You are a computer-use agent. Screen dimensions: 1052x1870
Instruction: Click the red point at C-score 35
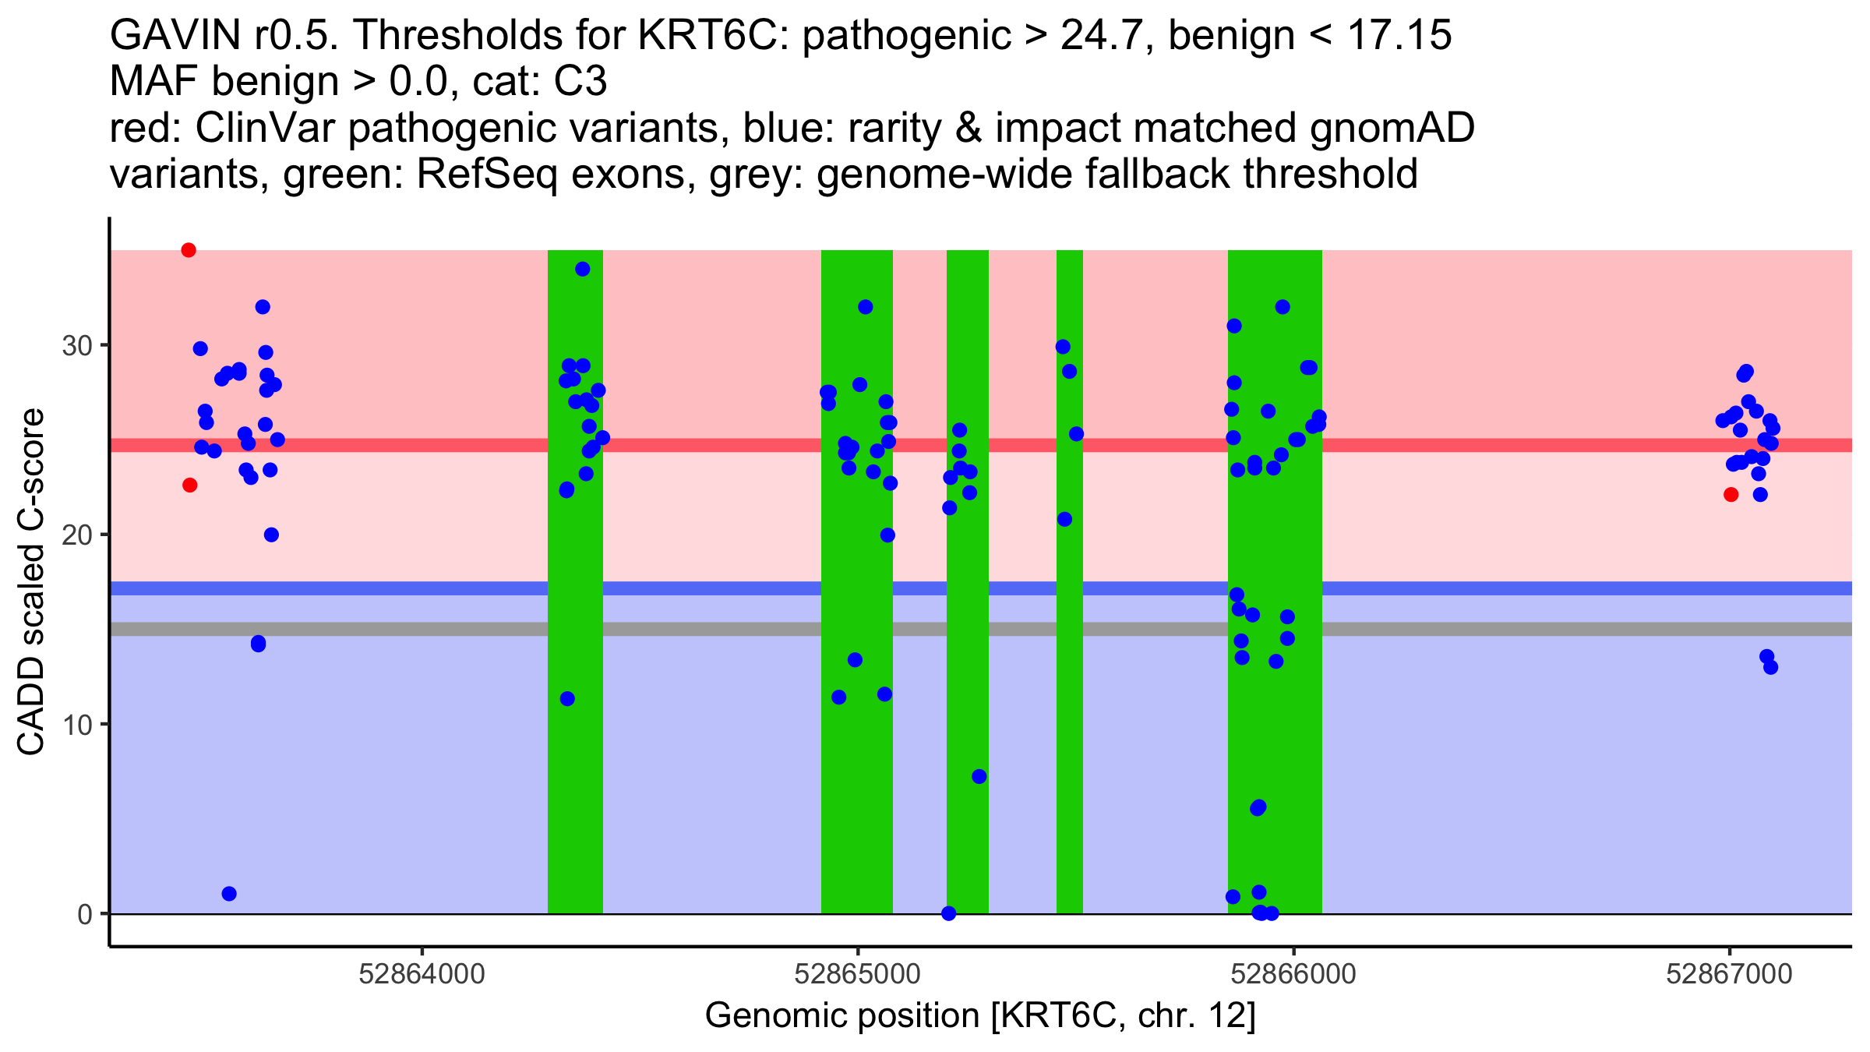[x=189, y=250]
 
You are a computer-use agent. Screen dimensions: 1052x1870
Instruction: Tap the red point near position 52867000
[x=1731, y=495]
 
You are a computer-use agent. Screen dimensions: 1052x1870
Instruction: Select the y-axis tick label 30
[x=77, y=345]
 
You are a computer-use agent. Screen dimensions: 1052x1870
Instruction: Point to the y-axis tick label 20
[x=77, y=535]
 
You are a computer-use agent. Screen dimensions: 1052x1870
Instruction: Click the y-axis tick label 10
[x=77, y=725]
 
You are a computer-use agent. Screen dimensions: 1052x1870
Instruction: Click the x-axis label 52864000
[x=422, y=974]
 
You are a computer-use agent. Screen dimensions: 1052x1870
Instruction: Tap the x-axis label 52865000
[x=857, y=974]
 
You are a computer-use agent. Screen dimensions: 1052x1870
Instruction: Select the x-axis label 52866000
[x=1293, y=974]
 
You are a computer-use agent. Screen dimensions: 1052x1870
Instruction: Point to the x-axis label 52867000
[x=1729, y=974]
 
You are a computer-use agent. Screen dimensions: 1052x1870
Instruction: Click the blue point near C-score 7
[x=979, y=777]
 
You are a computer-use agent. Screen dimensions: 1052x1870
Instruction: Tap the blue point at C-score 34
[x=583, y=269]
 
